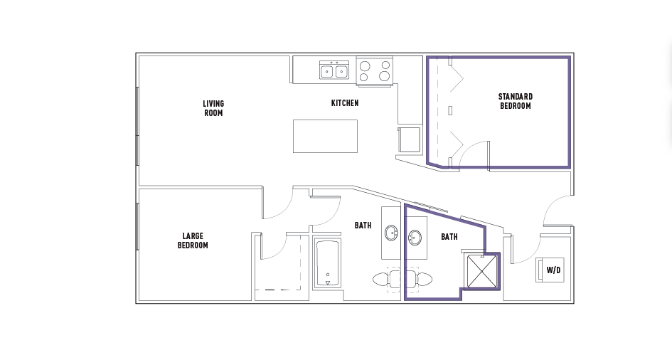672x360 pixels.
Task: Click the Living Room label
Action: pyautogui.click(x=213, y=108)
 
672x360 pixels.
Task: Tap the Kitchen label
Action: pyautogui.click(x=345, y=103)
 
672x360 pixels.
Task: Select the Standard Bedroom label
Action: pyautogui.click(x=516, y=101)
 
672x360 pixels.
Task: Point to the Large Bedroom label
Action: pyautogui.click(x=193, y=240)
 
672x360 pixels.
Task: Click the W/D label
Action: pyautogui.click(x=553, y=270)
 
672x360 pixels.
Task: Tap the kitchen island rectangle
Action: pyautogui.click(x=325, y=137)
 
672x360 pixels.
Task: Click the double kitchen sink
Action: pyautogui.click(x=334, y=70)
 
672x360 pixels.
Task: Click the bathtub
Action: pyautogui.click(x=327, y=263)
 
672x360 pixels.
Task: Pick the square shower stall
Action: pyautogui.click(x=481, y=271)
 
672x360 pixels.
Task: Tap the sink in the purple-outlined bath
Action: pyautogui.click(x=415, y=237)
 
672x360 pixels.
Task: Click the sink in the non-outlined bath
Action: pyautogui.click(x=392, y=233)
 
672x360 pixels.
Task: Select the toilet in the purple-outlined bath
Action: pyautogui.click(x=418, y=280)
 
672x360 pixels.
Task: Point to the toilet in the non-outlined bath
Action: pyautogui.click(x=386, y=280)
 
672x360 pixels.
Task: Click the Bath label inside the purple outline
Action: pyautogui.click(x=449, y=237)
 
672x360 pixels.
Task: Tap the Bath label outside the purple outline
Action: pyautogui.click(x=363, y=225)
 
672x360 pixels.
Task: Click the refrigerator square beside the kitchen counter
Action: pyautogui.click(x=410, y=139)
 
